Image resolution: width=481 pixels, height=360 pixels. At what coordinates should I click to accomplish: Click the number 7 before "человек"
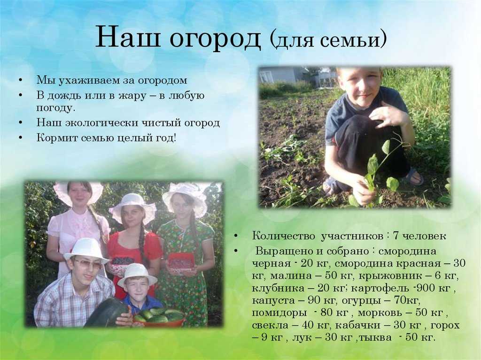(x=396, y=236)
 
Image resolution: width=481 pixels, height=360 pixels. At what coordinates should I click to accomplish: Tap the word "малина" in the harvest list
(x=290, y=276)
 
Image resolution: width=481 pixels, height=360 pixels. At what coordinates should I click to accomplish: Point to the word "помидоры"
(x=279, y=313)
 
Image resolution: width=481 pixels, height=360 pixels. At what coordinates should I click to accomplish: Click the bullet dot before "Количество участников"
(x=236, y=236)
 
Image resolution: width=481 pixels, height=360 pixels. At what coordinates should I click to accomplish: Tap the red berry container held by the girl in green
(x=181, y=263)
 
